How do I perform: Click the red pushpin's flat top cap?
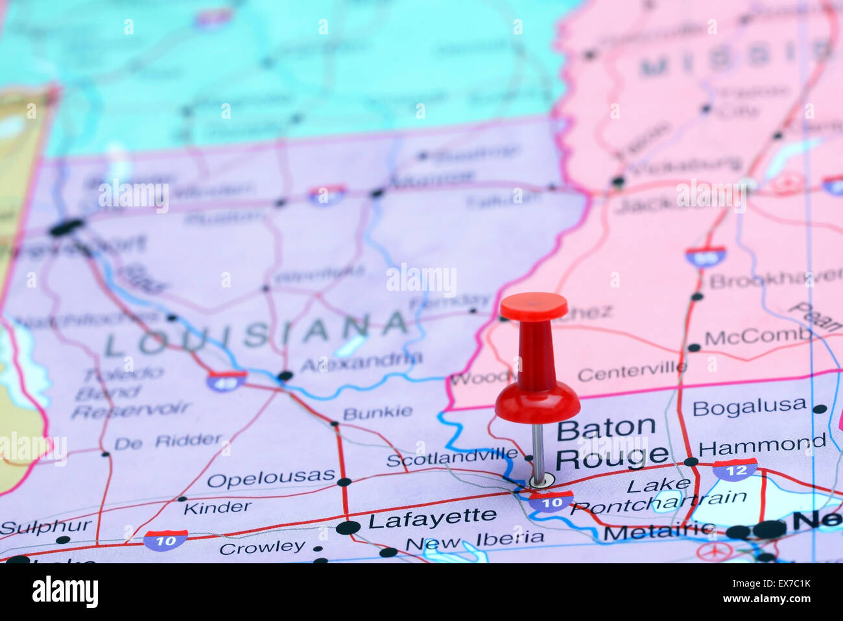point(533,306)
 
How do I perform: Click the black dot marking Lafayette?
point(348,527)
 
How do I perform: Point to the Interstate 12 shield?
point(735,469)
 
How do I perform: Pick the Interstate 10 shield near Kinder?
point(165,540)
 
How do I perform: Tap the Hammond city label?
point(761,446)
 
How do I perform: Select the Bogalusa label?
point(749,407)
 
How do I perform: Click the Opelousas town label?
point(270,479)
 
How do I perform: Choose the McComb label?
point(757,336)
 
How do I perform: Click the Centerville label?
point(632,372)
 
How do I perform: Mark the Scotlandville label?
point(452,457)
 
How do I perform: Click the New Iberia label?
point(475,540)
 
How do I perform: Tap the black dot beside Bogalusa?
point(820,409)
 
